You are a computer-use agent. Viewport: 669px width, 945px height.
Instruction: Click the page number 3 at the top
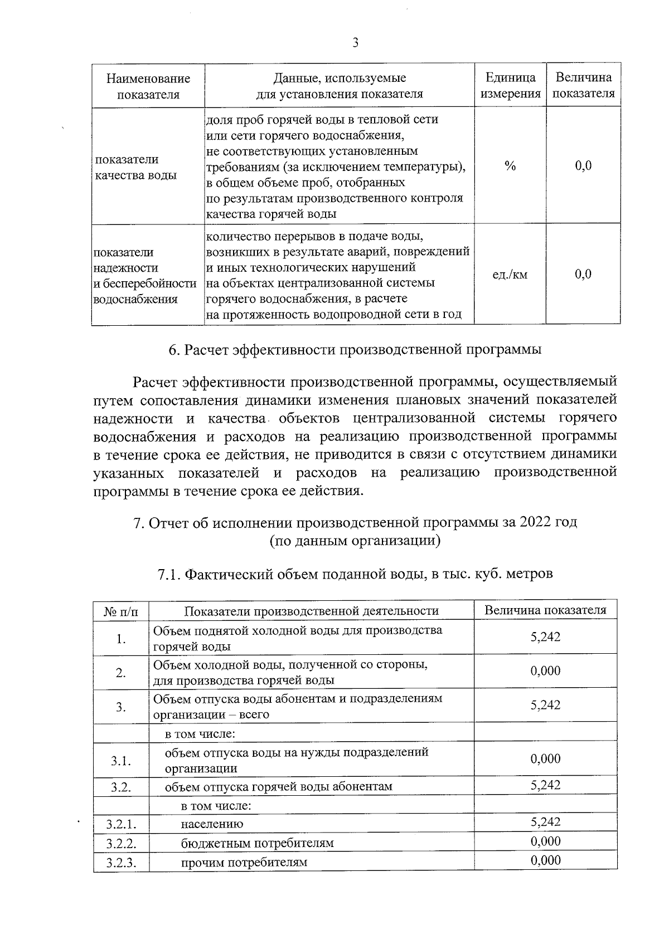pos(356,43)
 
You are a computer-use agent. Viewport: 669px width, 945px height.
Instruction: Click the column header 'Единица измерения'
pos(511,85)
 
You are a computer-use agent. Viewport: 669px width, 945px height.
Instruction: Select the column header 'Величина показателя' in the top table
pos(583,85)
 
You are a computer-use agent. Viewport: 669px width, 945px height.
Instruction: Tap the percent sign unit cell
pos(510,166)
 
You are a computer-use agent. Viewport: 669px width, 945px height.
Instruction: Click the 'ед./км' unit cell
pos(510,275)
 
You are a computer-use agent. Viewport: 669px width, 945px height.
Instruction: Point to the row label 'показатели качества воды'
pos(136,167)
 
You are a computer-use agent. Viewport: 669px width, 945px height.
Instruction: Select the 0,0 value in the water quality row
pos(583,166)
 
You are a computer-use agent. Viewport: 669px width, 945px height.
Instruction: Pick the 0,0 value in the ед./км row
pos(583,274)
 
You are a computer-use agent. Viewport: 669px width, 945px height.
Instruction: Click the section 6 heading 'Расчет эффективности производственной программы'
pos(356,350)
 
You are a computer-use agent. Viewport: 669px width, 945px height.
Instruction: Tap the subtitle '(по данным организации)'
pos(355,541)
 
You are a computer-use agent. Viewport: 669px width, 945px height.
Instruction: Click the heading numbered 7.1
pos(356,574)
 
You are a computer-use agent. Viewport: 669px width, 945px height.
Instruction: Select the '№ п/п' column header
pos(121,611)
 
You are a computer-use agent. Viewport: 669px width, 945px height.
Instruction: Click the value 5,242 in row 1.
pos(545,637)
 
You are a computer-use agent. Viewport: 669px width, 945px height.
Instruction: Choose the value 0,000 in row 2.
pos(545,671)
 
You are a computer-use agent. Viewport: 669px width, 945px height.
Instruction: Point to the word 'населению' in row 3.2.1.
pos(212,824)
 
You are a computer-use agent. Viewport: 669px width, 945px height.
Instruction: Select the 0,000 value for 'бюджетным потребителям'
pos(545,841)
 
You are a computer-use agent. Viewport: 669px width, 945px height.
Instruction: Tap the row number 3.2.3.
pos(121,863)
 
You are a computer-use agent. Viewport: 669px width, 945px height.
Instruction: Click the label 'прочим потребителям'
pos(244,863)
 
